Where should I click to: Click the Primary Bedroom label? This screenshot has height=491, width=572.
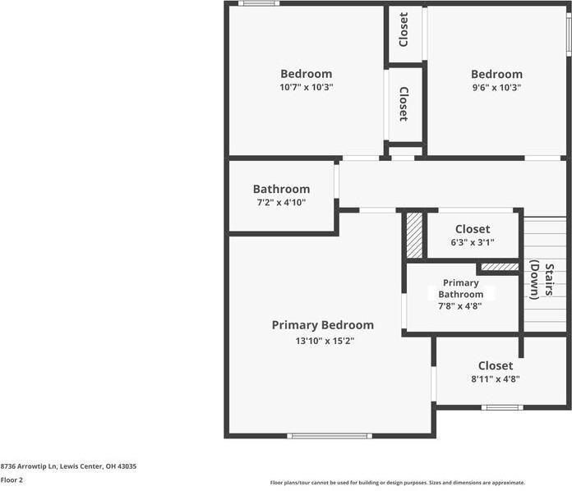(322, 325)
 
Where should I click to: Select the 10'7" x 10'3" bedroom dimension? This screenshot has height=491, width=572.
(306, 87)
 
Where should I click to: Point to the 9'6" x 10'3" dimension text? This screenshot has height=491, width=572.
(496, 87)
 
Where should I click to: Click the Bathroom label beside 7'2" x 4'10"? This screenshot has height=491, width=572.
(281, 189)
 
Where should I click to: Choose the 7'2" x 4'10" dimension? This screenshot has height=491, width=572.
(281, 202)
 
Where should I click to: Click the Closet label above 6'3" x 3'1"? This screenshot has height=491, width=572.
(472, 229)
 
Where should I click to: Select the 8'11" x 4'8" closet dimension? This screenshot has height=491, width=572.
(495, 379)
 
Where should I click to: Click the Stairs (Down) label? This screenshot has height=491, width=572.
(540, 280)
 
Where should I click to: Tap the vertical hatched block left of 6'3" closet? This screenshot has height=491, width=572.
(414, 236)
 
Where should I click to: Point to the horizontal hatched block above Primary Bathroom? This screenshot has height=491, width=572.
(499, 267)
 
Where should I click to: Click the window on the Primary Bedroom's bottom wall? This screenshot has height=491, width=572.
(329, 435)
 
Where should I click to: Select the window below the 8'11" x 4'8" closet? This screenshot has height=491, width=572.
(501, 407)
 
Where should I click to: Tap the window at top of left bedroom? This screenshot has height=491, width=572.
(259, 3)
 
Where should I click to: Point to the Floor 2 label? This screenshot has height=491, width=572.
(12, 480)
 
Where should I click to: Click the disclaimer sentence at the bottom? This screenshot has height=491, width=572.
(397, 483)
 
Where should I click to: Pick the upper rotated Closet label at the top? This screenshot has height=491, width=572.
(404, 30)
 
